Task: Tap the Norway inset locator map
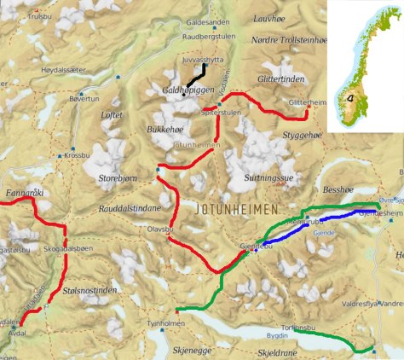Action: (x=365, y=64)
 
